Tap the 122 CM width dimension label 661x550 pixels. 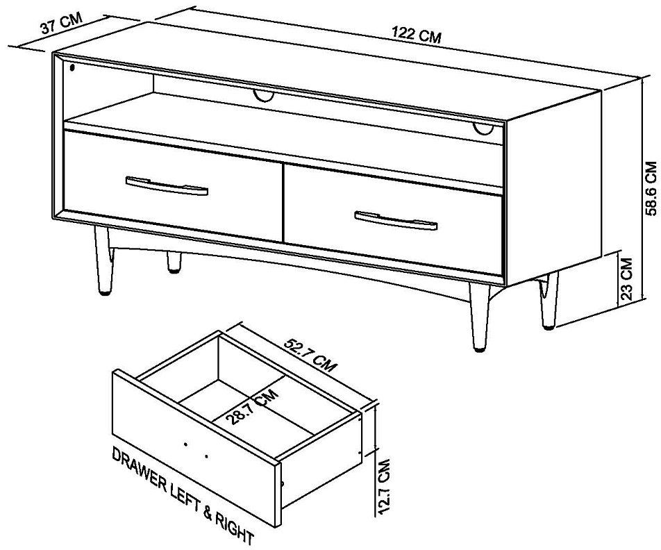click(417, 35)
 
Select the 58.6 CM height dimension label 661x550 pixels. click(651, 188)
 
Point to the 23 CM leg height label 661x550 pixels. click(627, 278)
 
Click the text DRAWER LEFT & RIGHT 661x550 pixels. click(183, 496)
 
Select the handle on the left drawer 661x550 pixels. click(167, 185)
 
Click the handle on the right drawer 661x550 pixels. click(396, 221)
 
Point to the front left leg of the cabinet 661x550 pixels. click(103, 260)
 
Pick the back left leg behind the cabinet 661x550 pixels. click(174, 262)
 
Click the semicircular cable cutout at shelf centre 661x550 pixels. click(263, 96)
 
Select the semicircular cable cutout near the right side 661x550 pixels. click(483, 128)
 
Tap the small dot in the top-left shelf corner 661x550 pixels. click(72, 67)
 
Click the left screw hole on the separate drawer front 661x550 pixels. click(185, 444)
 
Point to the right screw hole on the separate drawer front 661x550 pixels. click(206, 456)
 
